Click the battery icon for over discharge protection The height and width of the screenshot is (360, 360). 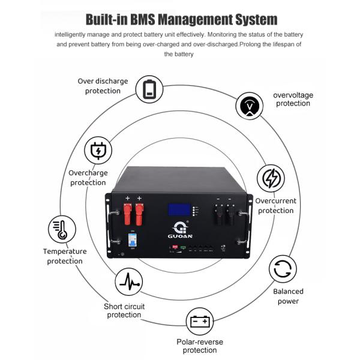149,89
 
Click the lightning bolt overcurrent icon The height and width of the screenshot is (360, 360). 271,179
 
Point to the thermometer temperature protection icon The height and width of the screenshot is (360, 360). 61,230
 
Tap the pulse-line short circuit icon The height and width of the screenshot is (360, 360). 128,281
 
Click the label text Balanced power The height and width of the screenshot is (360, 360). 289,296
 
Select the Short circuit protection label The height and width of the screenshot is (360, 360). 124,311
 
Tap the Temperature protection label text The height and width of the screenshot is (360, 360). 64,256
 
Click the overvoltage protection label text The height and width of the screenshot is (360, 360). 293,99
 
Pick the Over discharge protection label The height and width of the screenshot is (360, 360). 103,86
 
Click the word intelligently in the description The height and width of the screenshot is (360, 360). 78,35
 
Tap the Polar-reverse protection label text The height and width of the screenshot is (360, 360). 200,346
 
